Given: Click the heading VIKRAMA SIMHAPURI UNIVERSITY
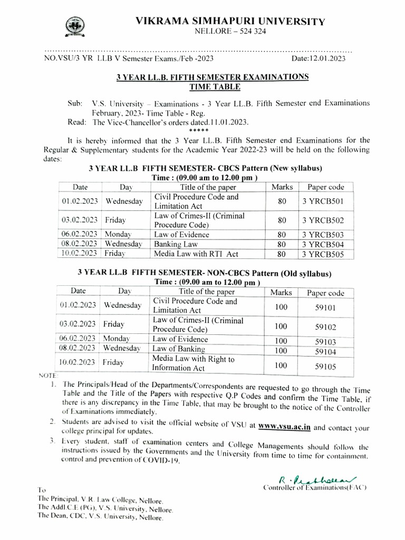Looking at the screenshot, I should pos(231,21).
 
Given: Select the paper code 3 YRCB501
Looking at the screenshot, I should pos(323,201).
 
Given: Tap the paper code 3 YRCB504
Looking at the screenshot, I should pos(323,244).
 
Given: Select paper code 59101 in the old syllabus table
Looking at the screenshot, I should pos(325,307).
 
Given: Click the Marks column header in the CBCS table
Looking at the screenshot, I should pos(282,187).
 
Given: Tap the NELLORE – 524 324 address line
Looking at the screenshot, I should pos(230,32).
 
